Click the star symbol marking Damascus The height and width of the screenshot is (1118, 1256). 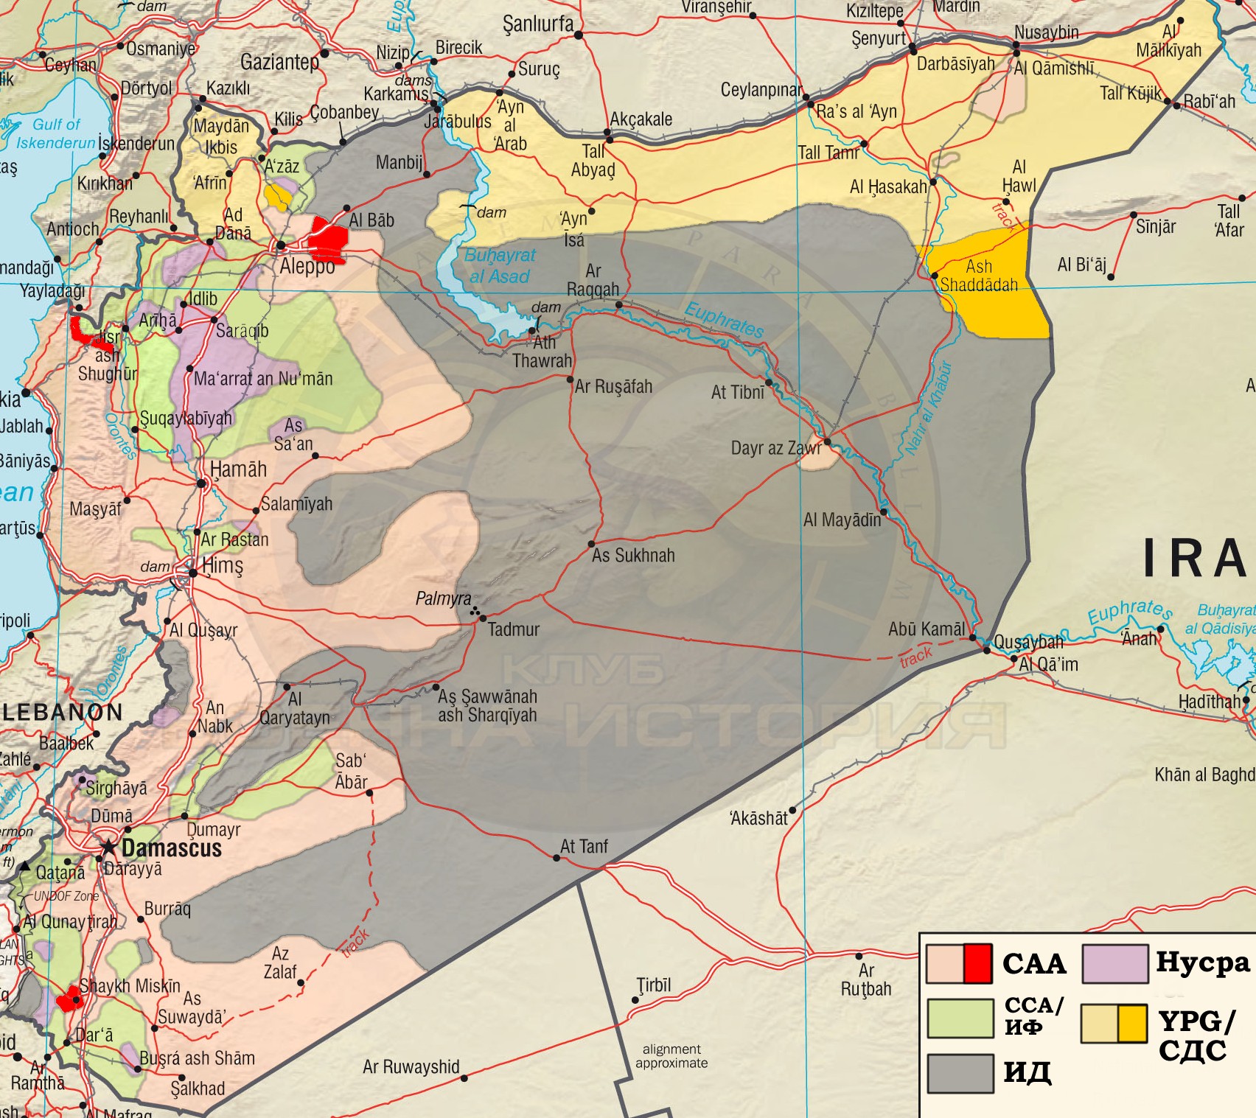(109, 847)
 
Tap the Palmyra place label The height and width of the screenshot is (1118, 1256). (443, 598)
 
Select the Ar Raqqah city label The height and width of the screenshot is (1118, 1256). (593, 280)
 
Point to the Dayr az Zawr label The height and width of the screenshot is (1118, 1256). (775, 448)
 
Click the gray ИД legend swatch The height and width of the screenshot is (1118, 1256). (960, 1073)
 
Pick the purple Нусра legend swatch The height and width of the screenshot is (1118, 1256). (1114, 963)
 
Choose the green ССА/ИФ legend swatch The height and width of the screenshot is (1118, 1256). (960, 1019)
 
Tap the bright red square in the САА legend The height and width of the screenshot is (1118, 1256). (977, 963)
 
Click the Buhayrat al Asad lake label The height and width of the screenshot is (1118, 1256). (500, 266)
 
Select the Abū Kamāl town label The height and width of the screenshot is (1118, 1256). (926, 629)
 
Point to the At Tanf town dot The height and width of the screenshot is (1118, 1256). (557, 857)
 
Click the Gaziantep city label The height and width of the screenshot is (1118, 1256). (279, 62)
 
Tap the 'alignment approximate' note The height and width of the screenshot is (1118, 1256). (671, 1055)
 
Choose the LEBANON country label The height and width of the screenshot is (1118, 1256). (63, 712)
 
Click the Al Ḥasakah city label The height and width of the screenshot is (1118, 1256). (887, 187)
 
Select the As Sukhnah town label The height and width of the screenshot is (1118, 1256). (633, 556)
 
